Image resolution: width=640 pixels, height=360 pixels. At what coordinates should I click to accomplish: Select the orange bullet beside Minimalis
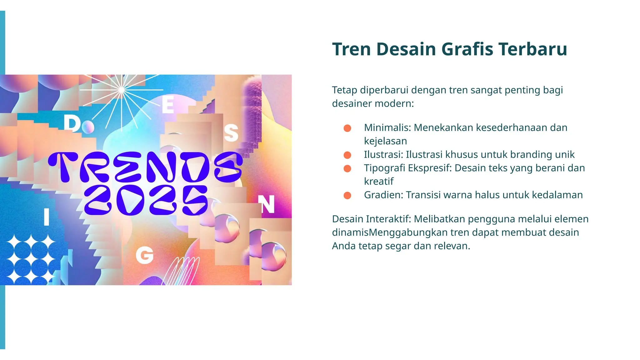click(347, 128)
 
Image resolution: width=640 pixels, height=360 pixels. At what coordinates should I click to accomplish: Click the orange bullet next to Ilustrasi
click(347, 155)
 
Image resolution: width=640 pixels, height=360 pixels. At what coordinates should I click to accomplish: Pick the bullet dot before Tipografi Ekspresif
click(347, 168)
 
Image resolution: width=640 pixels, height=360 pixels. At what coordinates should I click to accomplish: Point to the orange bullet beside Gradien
click(347, 195)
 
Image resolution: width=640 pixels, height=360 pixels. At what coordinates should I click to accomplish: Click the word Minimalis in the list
click(387, 127)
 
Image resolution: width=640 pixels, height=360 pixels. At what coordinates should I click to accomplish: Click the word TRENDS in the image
click(145, 167)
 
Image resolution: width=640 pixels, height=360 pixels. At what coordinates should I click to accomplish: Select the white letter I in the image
click(47, 217)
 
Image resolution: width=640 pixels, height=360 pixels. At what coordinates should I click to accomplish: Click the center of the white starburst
click(121, 90)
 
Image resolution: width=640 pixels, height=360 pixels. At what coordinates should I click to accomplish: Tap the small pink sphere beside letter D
click(88, 126)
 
